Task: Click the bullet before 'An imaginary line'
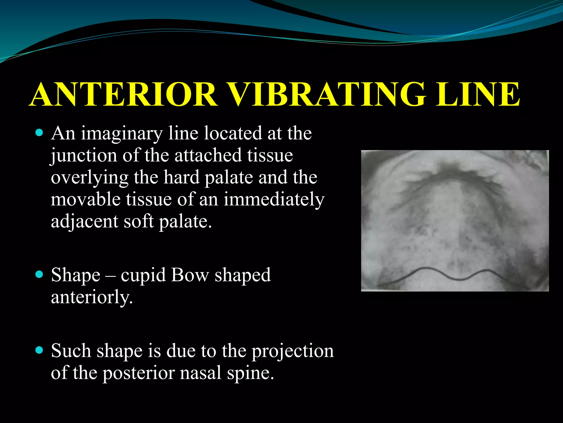pyautogui.click(x=40, y=133)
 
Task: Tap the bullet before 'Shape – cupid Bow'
pyautogui.click(x=40, y=275)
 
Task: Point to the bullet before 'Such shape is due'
pyautogui.click(x=40, y=350)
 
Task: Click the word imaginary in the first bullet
pyautogui.click(x=122, y=134)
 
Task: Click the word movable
pyautogui.click(x=85, y=199)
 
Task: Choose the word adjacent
pyautogui.click(x=84, y=222)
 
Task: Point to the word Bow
pyautogui.click(x=190, y=275)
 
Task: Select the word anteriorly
pyautogui.click(x=92, y=298)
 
